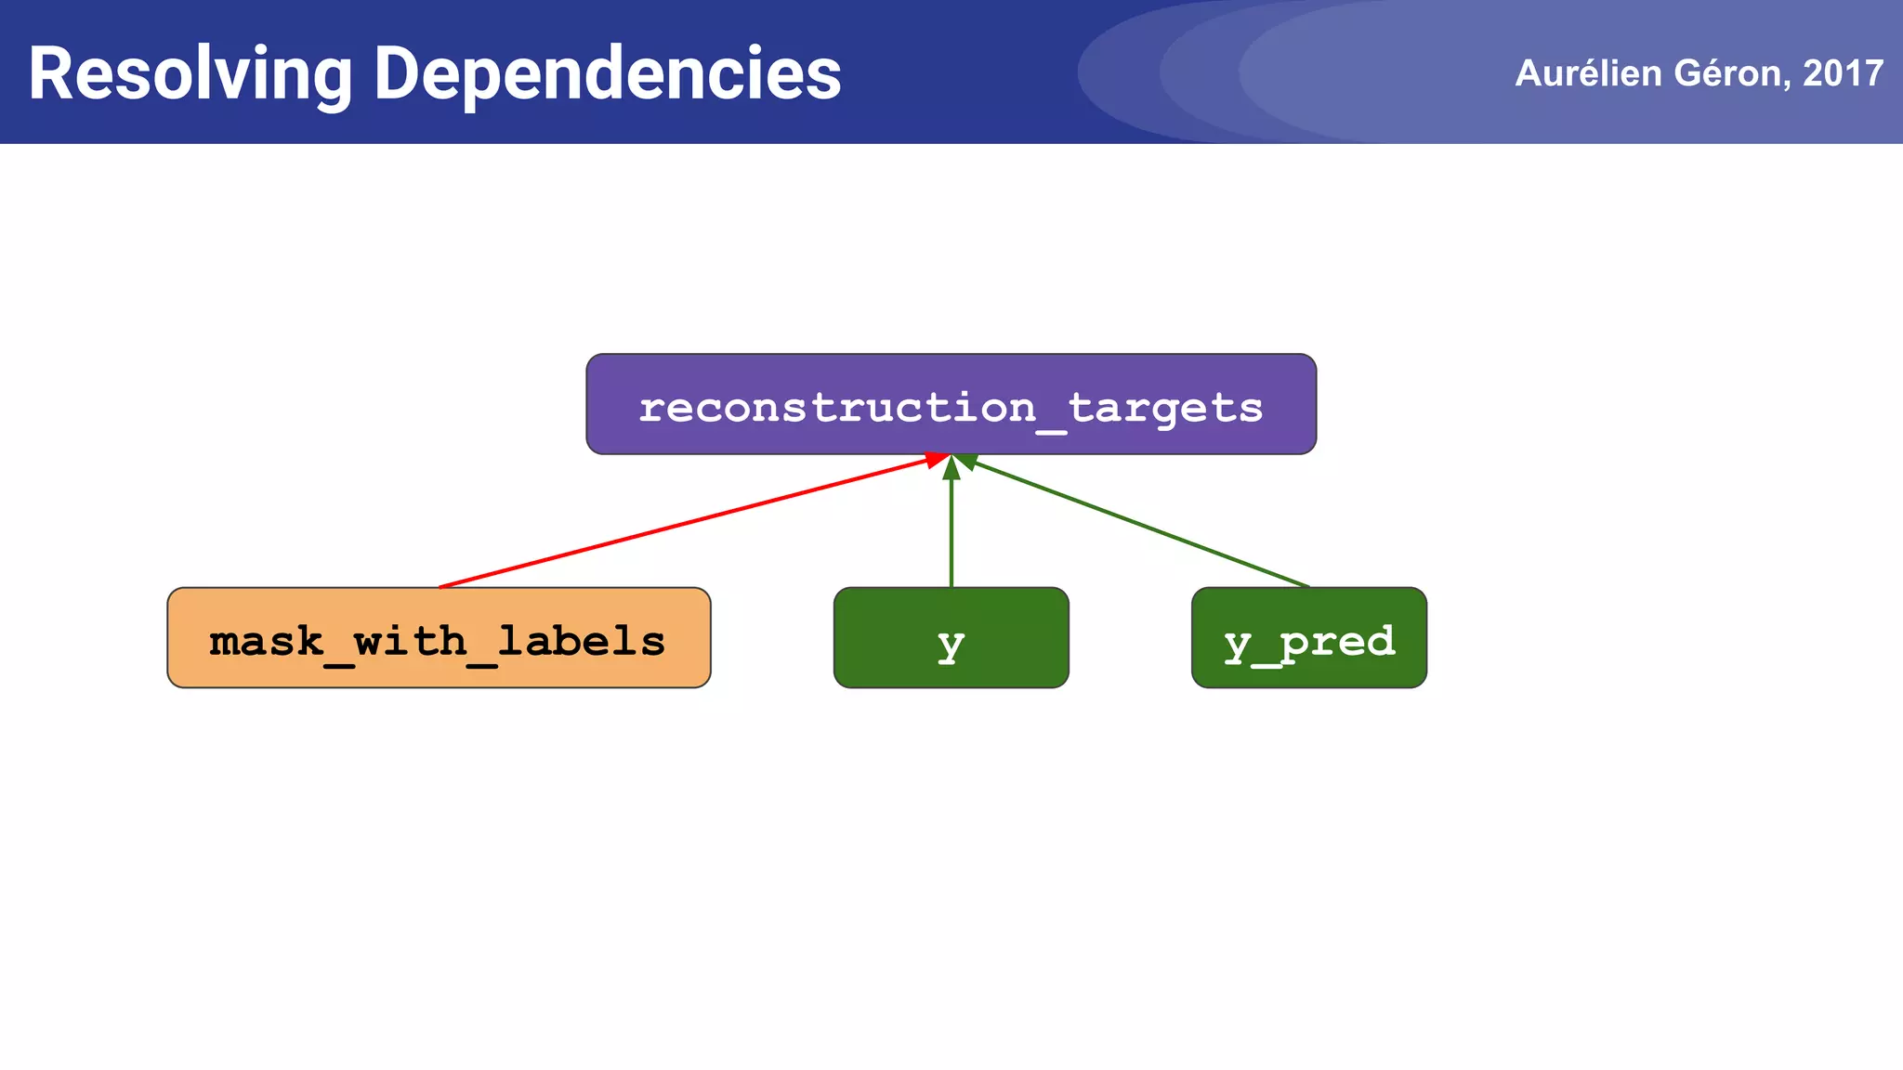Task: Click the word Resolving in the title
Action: pyautogui.click(x=190, y=74)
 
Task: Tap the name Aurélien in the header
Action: pyautogui.click(x=1588, y=73)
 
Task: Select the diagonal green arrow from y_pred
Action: pyautogui.click(x=1143, y=525)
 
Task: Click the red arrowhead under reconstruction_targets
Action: pyautogui.click(x=936, y=459)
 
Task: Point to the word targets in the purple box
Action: pyautogui.click(x=1165, y=408)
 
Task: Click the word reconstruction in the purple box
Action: pyautogui.click(x=836, y=408)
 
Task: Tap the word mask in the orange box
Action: pyautogui.click(x=266, y=641)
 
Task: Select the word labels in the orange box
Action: pyautogui.click(x=581, y=641)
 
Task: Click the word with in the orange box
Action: pyautogui.click(x=410, y=641)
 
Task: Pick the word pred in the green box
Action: pyautogui.click(x=1338, y=641)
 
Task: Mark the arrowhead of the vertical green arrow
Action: pyautogui.click(x=951, y=467)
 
